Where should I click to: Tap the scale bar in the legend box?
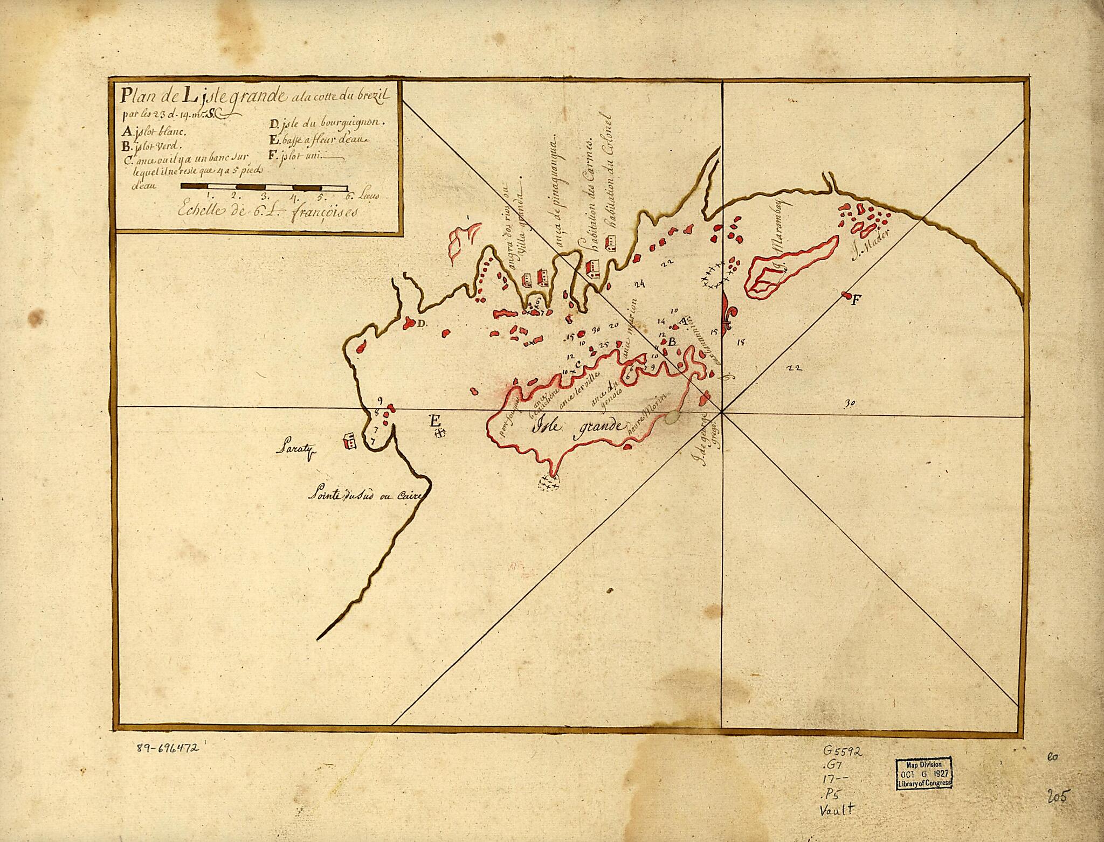coord(264,187)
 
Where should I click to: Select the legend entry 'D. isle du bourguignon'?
coord(327,123)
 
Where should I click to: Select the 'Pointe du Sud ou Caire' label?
coord(364,495)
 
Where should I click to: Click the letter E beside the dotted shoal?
coord(434,421)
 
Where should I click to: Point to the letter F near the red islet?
coord(854,301)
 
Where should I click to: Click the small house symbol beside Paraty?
coord(349,441)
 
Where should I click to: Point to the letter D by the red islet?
coord(422,323)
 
